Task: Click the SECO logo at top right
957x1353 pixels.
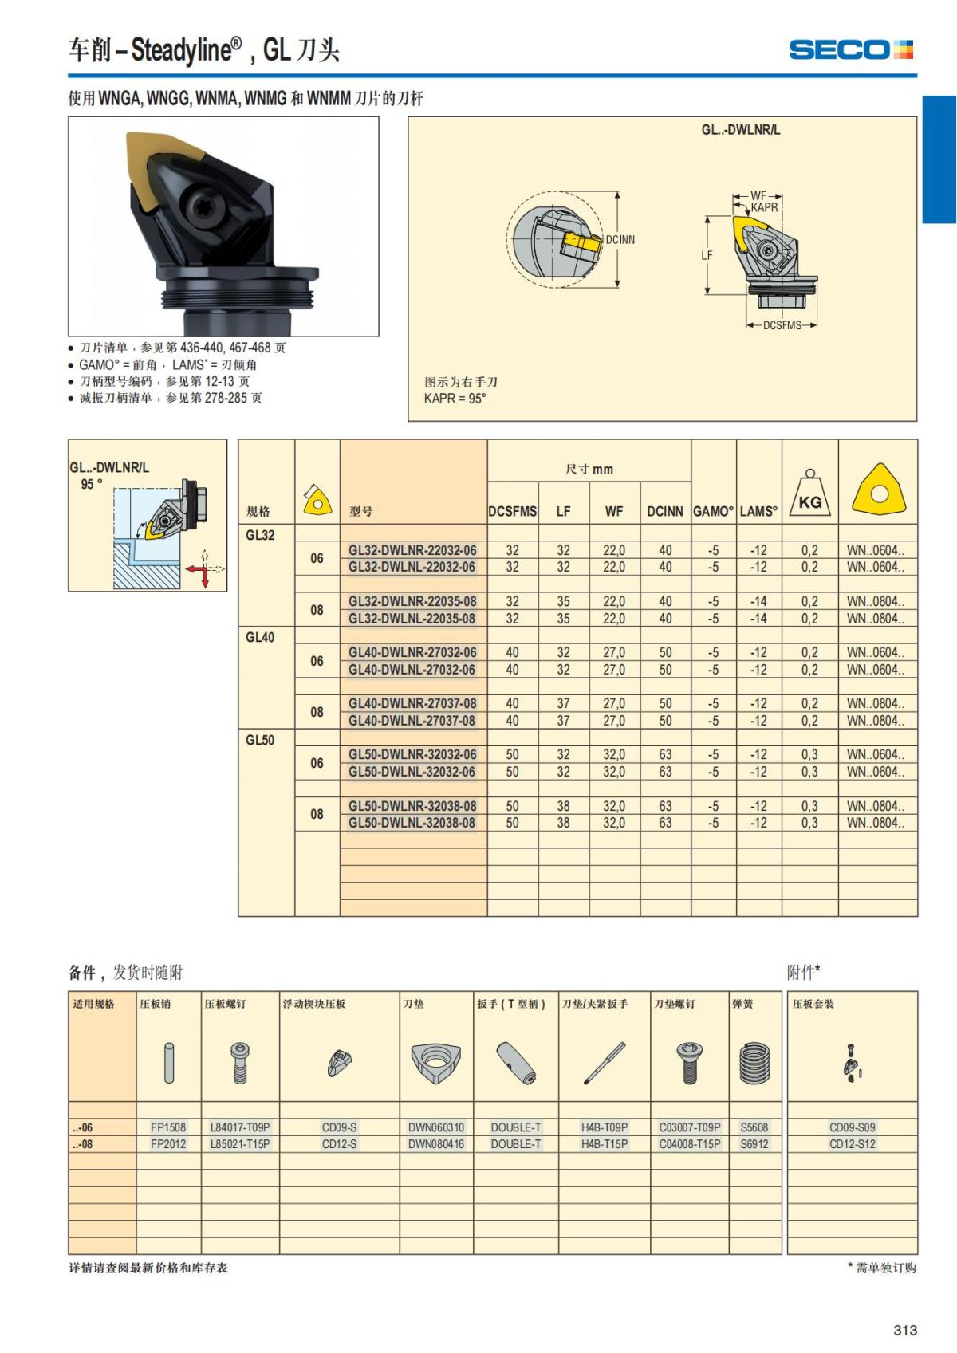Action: coord(851,49)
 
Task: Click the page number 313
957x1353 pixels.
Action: coord(905,1330)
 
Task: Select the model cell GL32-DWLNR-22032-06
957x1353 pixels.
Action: coord(412,550)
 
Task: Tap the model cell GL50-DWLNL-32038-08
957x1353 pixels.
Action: coord(412,823)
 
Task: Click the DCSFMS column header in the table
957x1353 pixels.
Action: coord(512,512)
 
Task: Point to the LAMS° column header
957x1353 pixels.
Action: coord(758,512)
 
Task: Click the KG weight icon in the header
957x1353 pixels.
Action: coord(809,496)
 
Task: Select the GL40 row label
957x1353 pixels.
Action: coord(260,637)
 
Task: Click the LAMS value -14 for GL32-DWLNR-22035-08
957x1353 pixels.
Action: coord(758,601)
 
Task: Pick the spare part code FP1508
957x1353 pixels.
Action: coord(168,1127)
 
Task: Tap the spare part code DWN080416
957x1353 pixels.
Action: coord(436,1144)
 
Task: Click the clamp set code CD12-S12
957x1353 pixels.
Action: coord(853,1144)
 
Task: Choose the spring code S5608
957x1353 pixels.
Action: coord(754,1127)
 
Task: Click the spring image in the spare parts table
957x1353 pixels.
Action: coord(754,1063)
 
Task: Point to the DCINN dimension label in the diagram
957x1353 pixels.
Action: coord(620,239)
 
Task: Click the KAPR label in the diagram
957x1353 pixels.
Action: coord(764,207)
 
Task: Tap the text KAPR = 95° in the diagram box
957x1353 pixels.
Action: coord(455,399)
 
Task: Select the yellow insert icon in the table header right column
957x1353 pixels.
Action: coord(879,489)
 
